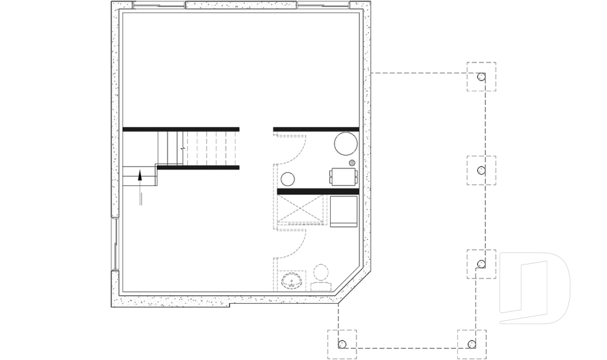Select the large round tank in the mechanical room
click(345, 144)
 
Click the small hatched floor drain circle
click(352, 163)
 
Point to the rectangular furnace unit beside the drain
click(342, 177)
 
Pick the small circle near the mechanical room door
click(288, 178)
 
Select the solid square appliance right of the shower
click(343, 211)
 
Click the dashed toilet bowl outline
click(322, 274)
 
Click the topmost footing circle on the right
click(481, 77)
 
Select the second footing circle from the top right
click(481, 171)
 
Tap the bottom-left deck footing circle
click(342, 345)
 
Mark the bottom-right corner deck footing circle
click(471, 344)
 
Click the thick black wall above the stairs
click(181, 129)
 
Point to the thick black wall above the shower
click(317, 191)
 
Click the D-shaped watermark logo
click(534, 289)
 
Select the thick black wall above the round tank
click(316, 130)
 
